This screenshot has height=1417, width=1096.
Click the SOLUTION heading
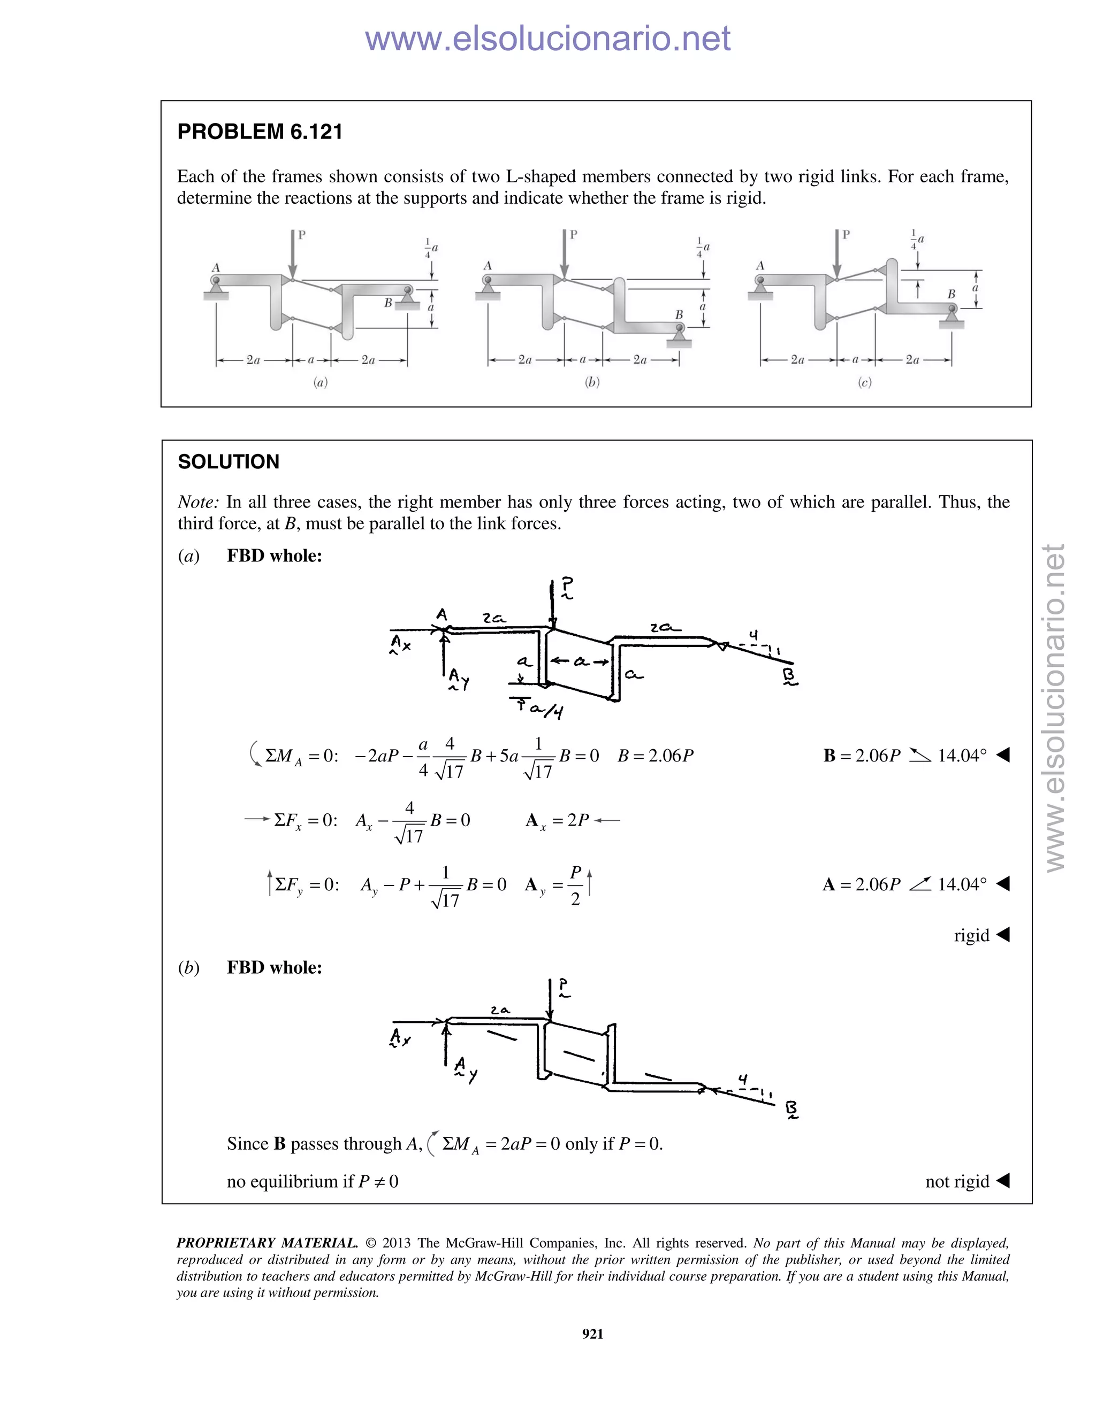[229, 462]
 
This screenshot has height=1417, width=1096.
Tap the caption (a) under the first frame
[320, 382]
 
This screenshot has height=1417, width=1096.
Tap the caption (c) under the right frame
[864, 382]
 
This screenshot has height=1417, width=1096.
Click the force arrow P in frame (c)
[837, 256]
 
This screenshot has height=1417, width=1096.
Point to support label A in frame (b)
[488, 265]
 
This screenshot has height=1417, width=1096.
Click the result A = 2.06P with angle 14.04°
[904, 884]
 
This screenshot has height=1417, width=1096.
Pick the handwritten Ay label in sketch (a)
[459, 679]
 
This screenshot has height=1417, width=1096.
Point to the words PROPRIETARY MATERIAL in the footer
[267, 1243]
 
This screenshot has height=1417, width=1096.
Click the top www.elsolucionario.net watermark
[547, 38]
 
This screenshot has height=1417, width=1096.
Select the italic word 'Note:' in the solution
[198, 502]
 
